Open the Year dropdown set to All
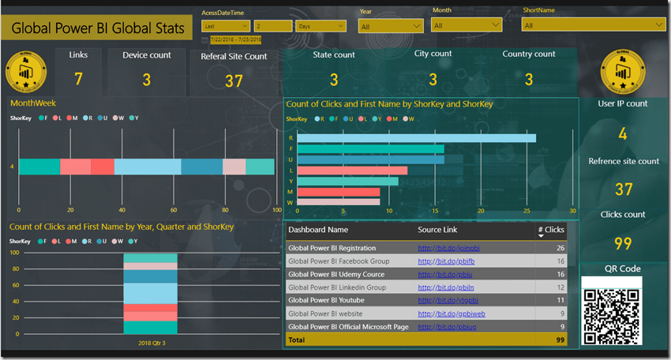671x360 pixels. coord(392,26)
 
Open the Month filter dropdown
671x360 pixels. coord(466,25)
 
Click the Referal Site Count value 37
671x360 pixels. coord(234,81)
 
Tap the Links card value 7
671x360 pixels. coord(78,78)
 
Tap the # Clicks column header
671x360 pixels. coord(551,231)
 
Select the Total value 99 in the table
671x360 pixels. coord(559,339)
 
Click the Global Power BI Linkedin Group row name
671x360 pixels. coord(337,287)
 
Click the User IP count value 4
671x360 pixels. coord(623,134)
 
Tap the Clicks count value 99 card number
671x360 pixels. coord(623,244)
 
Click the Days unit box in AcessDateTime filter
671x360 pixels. coord(316,25)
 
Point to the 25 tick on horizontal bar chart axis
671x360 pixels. coord(527,211)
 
